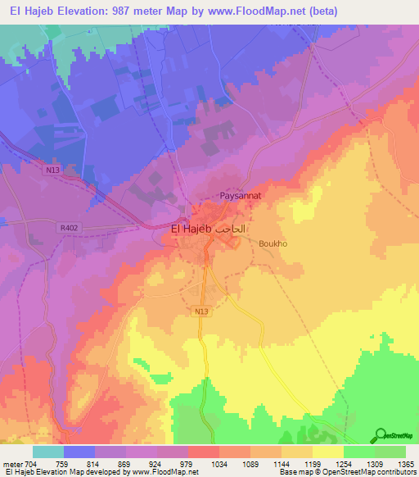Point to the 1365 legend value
tap(395, 463)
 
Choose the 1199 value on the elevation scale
tap(312, 463)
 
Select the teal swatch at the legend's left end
tap(48, 452)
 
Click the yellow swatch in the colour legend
tap(327, 452)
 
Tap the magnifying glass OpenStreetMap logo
tap(381, 436)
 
